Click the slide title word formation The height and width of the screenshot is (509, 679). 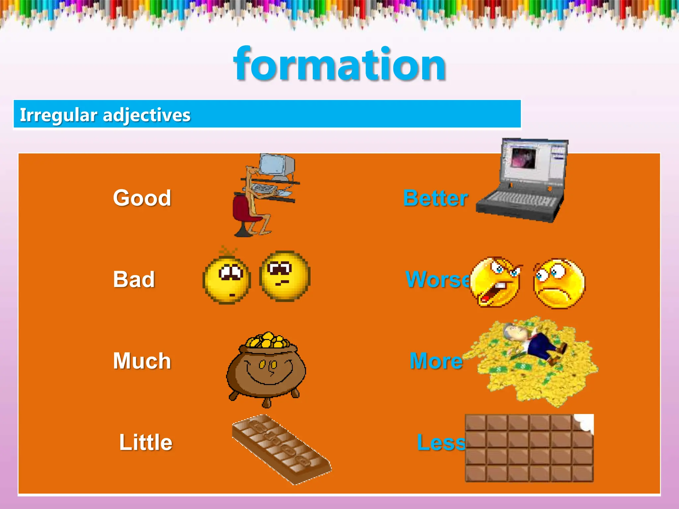click(339, 65)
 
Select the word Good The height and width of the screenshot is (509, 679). click(142, 198)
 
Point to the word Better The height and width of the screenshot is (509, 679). click(435, 198)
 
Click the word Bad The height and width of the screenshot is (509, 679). click(134, 279)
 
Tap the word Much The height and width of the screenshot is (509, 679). click(142, 361)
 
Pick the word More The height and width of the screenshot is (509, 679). click(436, 361)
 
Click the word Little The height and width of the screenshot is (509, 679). click(146, 442)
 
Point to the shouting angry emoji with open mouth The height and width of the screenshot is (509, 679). click(495, 282)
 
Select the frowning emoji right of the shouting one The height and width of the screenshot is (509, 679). click(559, 283)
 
